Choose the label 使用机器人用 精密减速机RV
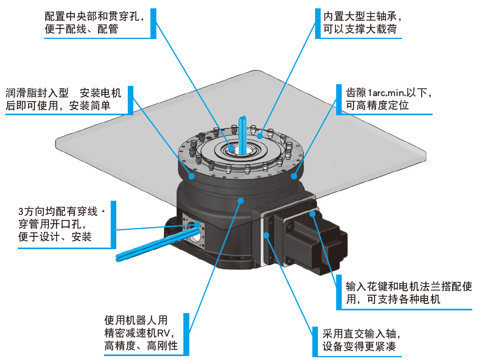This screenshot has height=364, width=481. coord(141,332)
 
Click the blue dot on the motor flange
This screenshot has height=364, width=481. coord(313,214)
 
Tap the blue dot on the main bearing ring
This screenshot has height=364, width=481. coord(260,136)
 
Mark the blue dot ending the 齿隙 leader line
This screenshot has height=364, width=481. coord(294,176)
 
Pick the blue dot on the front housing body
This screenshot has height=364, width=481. coord(240,201)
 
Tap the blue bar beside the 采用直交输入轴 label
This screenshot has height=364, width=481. coord(316,341)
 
